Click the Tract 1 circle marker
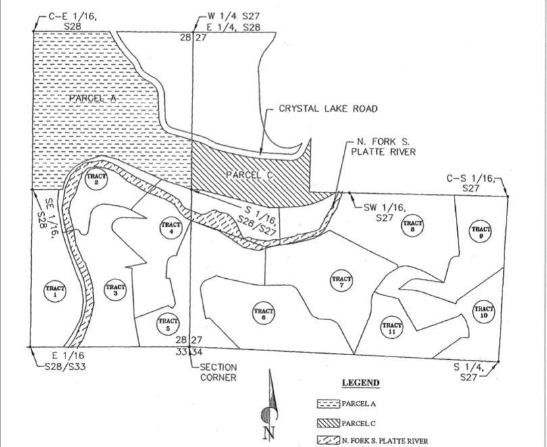(x=55, y=292)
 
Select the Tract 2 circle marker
(x=97, y=180)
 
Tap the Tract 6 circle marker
(x=263, y=313)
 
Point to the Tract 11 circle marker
(x=392, y=327)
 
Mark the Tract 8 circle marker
(x=412, y=226)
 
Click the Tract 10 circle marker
(x=484, y=311)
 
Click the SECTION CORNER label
(x=218, y=372)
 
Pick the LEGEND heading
(x=361, y=383)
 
